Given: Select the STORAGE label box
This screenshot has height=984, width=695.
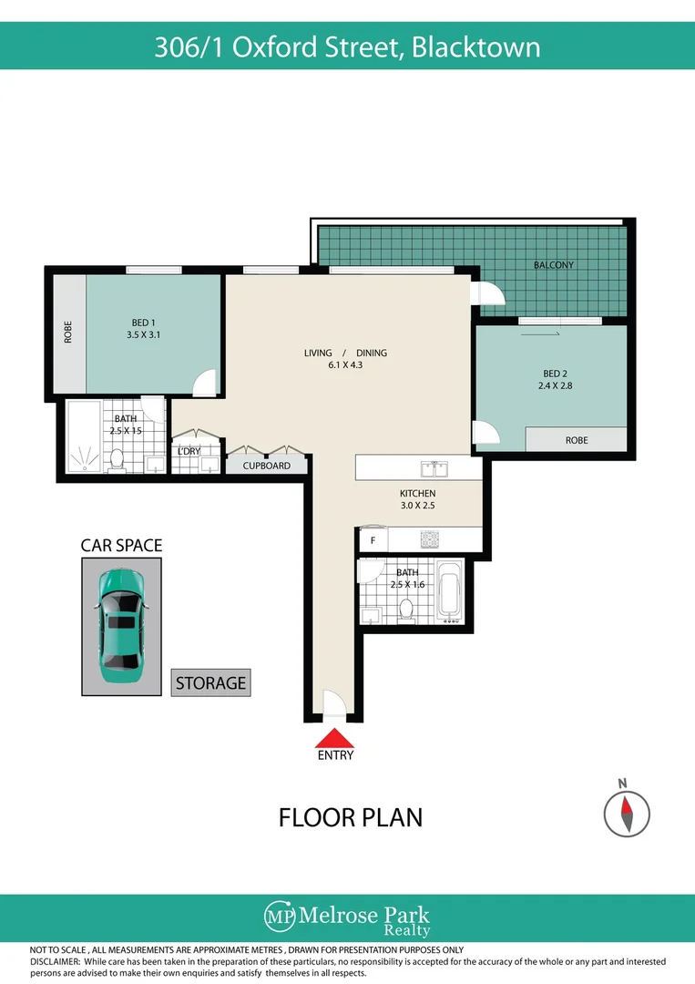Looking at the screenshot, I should (210, 682).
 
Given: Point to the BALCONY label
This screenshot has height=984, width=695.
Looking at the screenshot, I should (554, 265).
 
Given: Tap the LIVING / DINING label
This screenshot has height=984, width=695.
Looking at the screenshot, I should (346, 353).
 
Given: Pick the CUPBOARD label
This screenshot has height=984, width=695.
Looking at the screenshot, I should (267, 466).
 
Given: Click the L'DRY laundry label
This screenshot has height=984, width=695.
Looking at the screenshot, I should (189, 451).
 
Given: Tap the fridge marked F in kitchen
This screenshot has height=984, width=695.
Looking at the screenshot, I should (372, 540).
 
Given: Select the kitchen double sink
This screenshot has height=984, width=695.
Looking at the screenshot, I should (433, 468).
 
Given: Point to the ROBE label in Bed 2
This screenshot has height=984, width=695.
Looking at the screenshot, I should (577, 440).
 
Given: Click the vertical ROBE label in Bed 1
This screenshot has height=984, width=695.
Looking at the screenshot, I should (67, 333).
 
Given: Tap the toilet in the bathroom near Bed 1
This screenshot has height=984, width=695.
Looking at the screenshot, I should (116, 460).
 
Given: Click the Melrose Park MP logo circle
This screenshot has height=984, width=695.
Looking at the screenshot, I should (278, 916).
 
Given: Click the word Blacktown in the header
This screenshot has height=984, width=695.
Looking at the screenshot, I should (475, 46).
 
